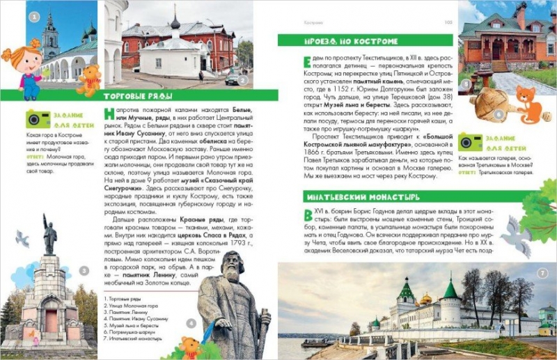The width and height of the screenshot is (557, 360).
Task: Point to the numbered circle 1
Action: tap(34, 17)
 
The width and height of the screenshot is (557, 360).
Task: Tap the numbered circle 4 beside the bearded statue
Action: tap(191, 322)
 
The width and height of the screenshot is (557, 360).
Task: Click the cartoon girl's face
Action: tap(19, 61)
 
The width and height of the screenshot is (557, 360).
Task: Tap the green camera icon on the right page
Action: tap(470, 141)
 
